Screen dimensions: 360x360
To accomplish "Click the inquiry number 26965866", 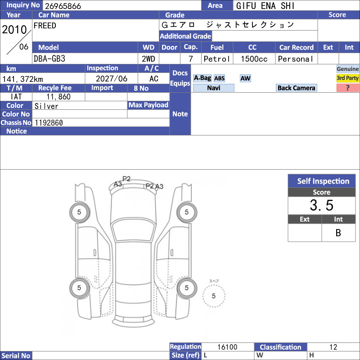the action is [x=63, y=6].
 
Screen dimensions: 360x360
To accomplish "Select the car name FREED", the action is [x=45, y=26].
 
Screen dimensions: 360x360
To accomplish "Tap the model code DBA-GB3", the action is [x=49, y=59].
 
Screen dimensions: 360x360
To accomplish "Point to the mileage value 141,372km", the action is [x=22, y=79].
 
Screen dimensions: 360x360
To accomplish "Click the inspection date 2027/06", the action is [x=111, y=79].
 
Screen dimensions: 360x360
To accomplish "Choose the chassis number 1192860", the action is [x=49, y=123].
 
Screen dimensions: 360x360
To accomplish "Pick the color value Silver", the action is [x=46, y=106].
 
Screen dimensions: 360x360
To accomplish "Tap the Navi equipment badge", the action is [x=213, y=88].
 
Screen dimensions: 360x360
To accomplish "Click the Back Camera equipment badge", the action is [x=296, y=88].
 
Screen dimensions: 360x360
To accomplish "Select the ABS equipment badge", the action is [x=219, y=78].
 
